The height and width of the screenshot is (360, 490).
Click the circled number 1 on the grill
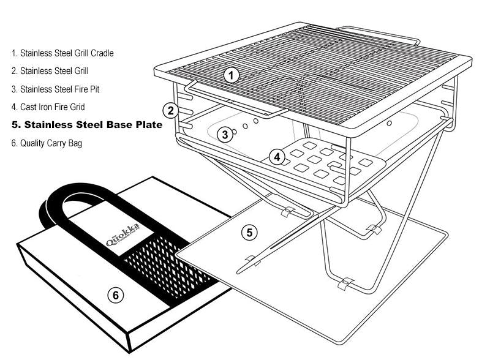point(230,76)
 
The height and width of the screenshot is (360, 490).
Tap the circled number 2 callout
point(170,110)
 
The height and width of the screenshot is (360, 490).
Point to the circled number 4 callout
point(277,157)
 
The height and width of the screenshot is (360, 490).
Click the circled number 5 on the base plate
point(249,232)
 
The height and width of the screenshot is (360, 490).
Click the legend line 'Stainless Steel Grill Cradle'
point(62,53)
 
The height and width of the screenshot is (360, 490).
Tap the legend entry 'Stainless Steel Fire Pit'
point(55,89)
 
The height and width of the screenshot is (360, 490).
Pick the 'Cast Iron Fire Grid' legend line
point(50,107)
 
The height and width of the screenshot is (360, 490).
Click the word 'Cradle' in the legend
point(100,53)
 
